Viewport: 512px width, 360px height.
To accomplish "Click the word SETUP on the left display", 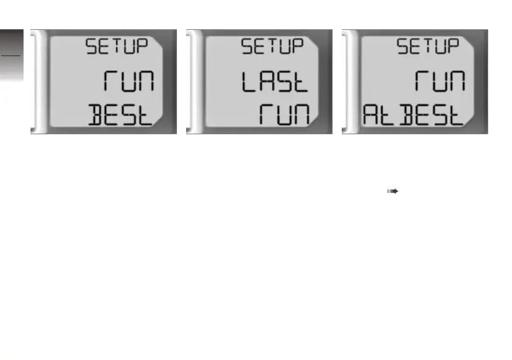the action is coord(116,47).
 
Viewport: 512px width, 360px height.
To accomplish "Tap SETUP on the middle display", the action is coord(272,47).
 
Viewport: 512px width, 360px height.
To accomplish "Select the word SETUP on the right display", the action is coord(427,47).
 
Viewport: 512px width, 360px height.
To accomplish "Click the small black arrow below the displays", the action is coord(391,191).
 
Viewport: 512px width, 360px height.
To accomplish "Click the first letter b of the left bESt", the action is coord(97,115).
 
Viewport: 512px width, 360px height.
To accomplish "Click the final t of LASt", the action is coord(300,81).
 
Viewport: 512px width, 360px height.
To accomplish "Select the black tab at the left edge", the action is coord(10,43).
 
